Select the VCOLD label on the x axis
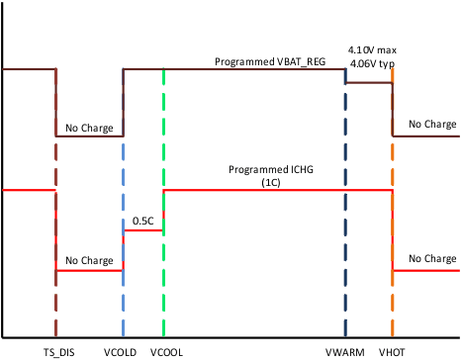120,351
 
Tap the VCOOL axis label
166,351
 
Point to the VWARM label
343,351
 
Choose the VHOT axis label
392,351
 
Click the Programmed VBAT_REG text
270,61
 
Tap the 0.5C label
142,221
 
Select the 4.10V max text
371,48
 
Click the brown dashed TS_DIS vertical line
55,297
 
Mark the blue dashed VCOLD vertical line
123,297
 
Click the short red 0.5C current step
142,229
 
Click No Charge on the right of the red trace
432,259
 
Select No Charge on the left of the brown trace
89,128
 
